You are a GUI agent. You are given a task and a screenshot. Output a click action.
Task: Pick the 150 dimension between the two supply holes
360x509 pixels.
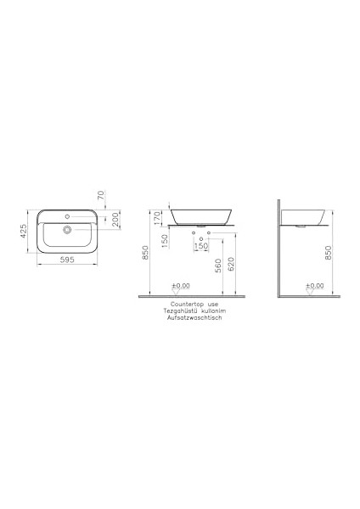coord(202,247)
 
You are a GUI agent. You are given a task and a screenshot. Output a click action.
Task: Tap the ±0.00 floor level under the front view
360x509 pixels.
coord(179,287)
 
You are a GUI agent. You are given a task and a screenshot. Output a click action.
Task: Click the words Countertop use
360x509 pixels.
coord(194,302)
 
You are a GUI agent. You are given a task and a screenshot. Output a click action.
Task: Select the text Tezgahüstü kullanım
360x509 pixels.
coord(194,310)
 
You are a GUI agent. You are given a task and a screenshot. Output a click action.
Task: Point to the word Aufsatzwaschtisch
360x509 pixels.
coord(194,319)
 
